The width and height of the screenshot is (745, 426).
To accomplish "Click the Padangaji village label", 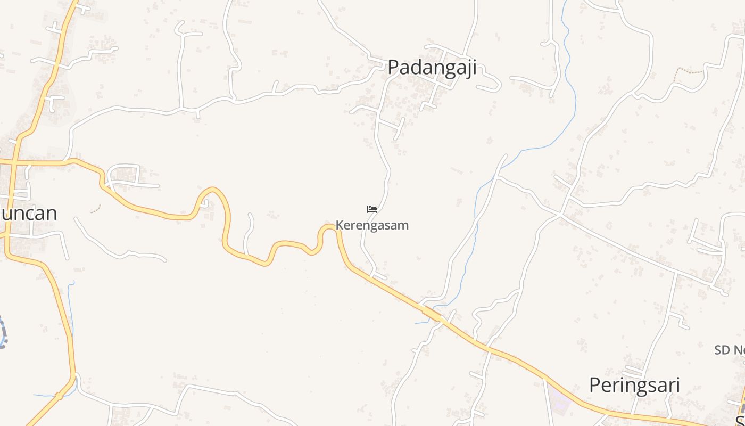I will [x=432, y=68].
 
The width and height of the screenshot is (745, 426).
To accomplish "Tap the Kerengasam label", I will [x=372, y=225].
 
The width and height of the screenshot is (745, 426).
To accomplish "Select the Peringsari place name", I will [x=634, y=385].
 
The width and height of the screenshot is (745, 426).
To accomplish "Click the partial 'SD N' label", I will [x=730, y=350].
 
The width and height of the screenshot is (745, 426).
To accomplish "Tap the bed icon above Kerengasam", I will [x=372, y=209].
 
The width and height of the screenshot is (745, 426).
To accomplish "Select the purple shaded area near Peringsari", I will [x=559, y=397].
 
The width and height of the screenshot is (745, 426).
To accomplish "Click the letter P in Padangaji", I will [x=393, y=68].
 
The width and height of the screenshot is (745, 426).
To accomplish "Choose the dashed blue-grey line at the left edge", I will [x=4, y=333].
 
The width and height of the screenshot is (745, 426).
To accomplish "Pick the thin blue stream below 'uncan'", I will [x=70, y=309].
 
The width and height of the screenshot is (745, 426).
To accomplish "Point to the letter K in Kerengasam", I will [x=339, y=225].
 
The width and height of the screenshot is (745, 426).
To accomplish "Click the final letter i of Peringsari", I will [x=677, y=385].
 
